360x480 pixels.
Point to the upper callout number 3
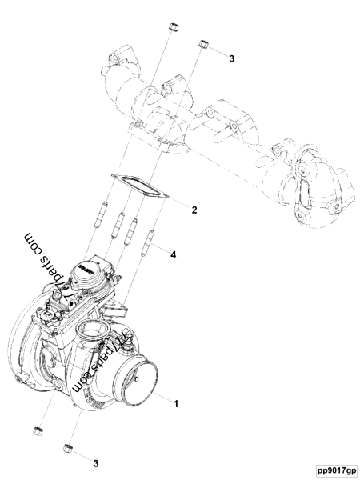(232, 59)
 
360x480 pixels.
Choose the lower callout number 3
(96, 462)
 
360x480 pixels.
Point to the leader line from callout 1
(160, 398)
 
